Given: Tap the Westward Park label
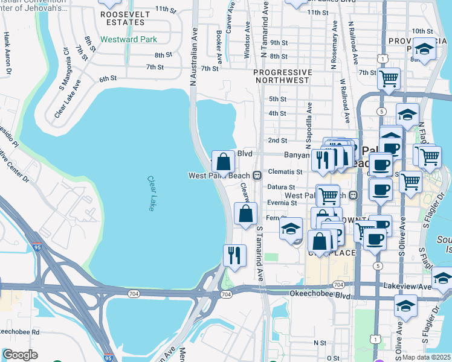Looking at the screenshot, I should pos(129,39).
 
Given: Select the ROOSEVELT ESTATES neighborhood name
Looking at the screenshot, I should pos(123,17).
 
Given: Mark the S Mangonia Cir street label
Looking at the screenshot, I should pos(62,76).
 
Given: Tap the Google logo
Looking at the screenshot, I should pos(19,355).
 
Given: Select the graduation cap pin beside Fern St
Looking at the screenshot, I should pos(291,229).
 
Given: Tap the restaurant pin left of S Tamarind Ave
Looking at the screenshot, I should pos(234,255).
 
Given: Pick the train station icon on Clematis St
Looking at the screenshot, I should pos(257,176).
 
